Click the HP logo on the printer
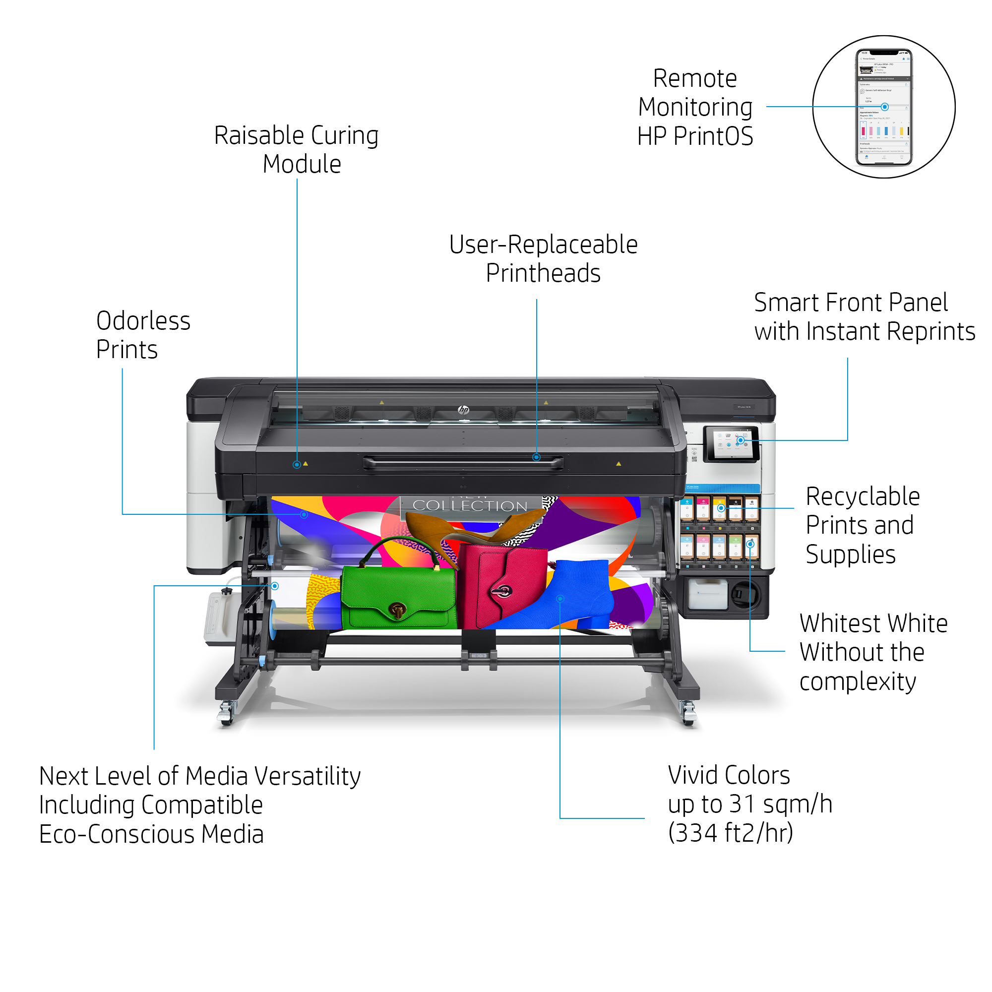pyautogui.click(x=463, y=410)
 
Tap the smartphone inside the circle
pyautogui.click(x=883, y=107)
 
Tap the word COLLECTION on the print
pyautogui.click(x=470, y=506)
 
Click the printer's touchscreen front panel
pyautogui.click(x=731, y=442)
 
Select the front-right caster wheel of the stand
pyautogui.click(x=688, y=716)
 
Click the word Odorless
pyautogui.click(x=143, y=321)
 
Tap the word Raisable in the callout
pyautogui.click(x=259, y=136)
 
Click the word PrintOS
pyautogui.click(x=713, y=136)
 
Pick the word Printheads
pyautogui.click(x=543, y=273)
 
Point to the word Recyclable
pyautogui.click(x=862, y=497)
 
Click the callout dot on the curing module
pyautogui.click(x=297, y=465)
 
